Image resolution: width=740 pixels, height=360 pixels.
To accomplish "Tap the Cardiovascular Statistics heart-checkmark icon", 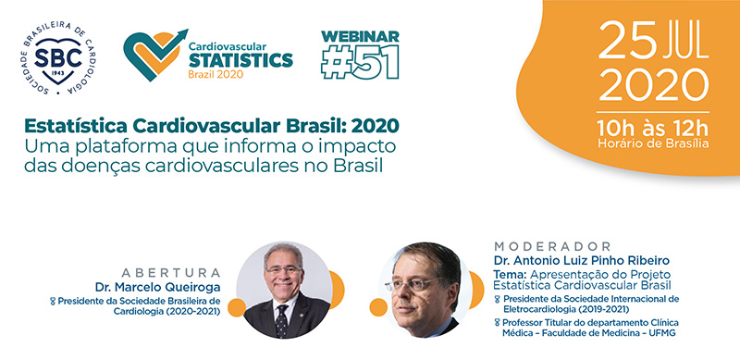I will [x=149, y=53].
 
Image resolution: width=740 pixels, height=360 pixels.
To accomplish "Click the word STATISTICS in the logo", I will [x=238, y=60].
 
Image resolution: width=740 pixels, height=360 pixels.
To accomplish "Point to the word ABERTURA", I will [x=178, y=273].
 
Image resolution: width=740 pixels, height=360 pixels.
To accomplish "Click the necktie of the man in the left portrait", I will [x=282, y=319].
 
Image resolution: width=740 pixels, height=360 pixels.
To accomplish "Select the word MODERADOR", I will [x=553, y=246].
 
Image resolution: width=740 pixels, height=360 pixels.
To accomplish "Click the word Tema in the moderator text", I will [x=510, y=274].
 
